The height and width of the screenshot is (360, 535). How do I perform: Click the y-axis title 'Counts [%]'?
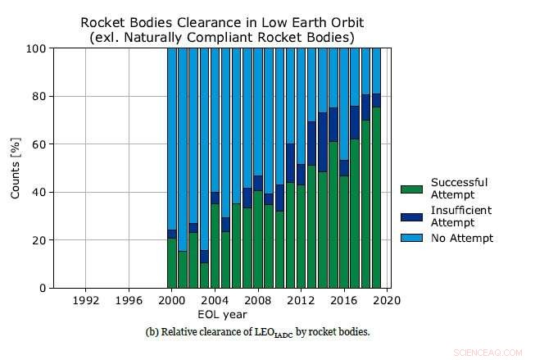tap(15, 168)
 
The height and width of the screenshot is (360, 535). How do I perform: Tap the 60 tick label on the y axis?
tap(37, 144)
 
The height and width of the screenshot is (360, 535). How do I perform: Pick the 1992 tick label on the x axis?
tap(86, 301)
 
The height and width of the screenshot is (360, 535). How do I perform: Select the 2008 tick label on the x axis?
tap(258, 301)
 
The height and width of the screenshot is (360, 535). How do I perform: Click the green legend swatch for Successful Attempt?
tap(412, 189)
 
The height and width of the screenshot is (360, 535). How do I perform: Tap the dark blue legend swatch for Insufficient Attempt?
tap(412, 216)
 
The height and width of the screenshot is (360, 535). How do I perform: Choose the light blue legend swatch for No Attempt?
tap(412, 239)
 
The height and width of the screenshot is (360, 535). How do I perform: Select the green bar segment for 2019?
tap(376, 198)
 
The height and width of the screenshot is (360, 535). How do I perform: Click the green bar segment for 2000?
tap(172, 263)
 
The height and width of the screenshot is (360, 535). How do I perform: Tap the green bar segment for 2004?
tap(215, 246)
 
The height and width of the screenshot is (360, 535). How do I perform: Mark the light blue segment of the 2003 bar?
tap(204, 148)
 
